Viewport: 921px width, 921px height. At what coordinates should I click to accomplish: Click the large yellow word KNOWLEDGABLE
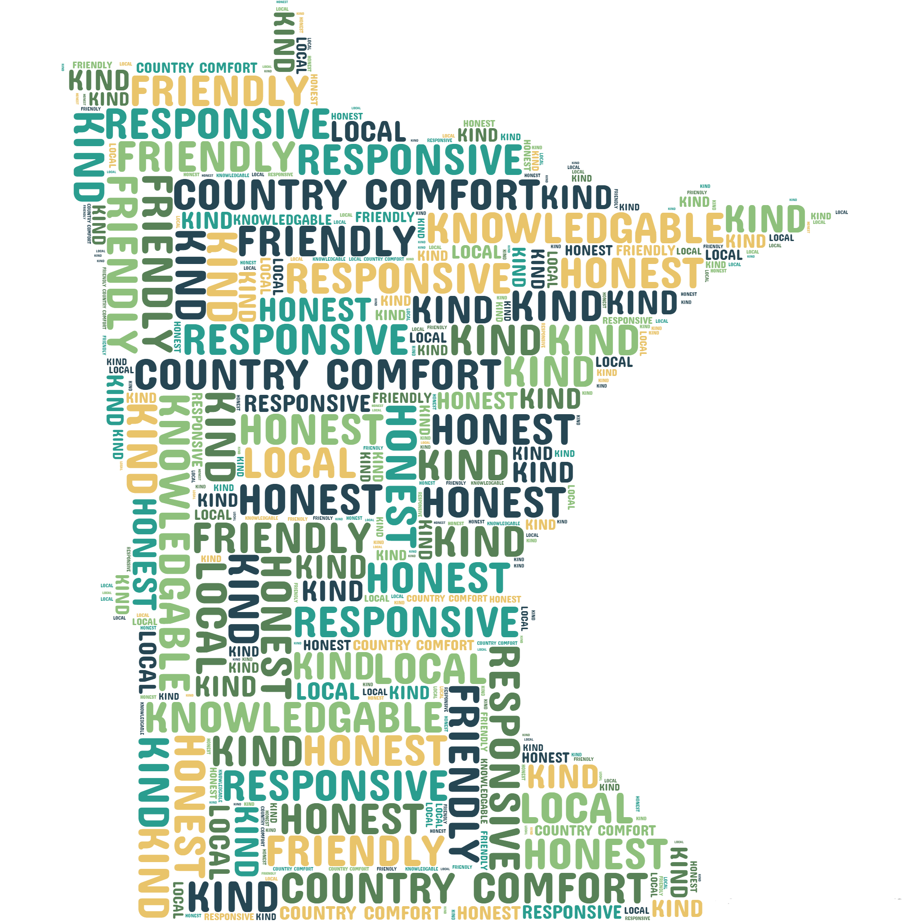click(574, 229)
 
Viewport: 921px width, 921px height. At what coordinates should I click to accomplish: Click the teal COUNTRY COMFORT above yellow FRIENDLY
click(197, 68)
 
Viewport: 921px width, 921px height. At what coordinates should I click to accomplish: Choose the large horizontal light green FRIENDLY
click(206, 156)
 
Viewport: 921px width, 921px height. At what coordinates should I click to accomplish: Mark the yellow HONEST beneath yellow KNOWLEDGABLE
click(632, 273)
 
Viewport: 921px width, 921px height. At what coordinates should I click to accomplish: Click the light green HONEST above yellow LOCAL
click(311, 429)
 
